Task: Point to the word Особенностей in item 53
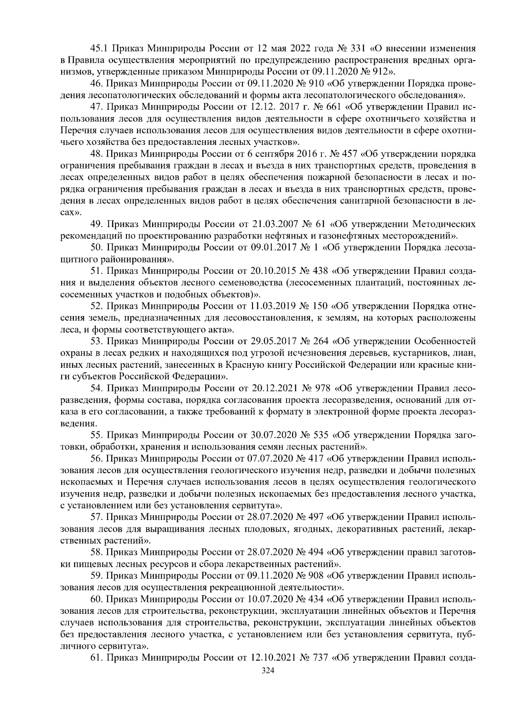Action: click(445, 340)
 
